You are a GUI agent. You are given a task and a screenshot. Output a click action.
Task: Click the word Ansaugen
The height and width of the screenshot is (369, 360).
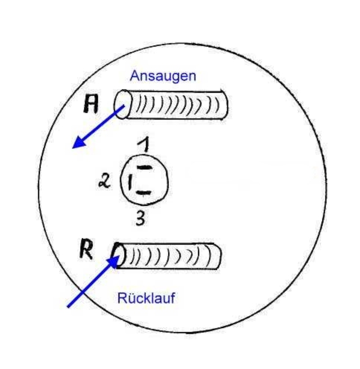(x=163, y=76)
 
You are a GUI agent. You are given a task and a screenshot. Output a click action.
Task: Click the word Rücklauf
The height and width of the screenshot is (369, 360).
(x=146, y=298)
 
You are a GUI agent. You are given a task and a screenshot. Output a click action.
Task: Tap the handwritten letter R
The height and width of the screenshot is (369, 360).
(x=85, y=251)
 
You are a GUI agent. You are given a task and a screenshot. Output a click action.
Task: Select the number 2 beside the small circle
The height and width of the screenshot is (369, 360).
(x=105, y=182)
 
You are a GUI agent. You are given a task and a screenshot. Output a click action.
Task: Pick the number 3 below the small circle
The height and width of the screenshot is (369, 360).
(x=140, y=218)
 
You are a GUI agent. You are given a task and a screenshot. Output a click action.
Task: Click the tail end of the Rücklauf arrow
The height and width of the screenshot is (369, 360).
(x=69, y=306)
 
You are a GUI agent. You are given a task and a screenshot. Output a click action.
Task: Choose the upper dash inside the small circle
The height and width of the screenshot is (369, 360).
(x=145, y=168)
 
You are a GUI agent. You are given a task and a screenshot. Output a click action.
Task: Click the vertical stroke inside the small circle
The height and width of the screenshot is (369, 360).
(x=130, y=181)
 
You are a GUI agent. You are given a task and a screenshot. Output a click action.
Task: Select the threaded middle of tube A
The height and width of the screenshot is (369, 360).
(x=174, y=105)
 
